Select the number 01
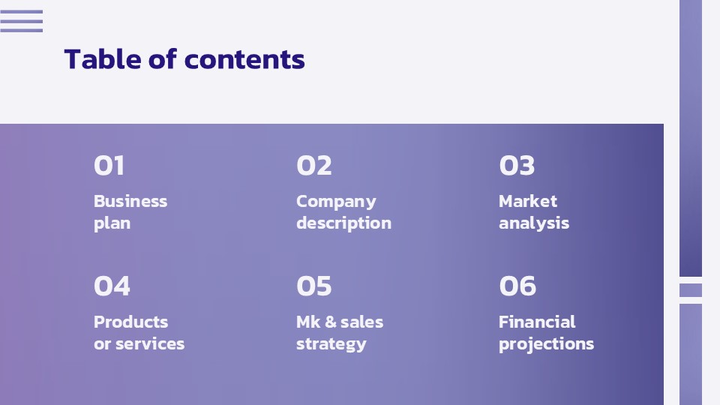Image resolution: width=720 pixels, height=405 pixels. (x=109, y=166)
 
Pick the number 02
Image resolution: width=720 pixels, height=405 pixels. (x=314, y=166)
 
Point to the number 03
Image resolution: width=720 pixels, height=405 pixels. (x=517, y=166)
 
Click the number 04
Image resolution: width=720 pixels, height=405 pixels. (x=112, y=286)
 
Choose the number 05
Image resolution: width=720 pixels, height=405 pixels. (x=314, y=286)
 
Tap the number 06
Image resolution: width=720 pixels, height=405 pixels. (x=517, y=286)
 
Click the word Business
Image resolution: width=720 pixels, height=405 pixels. (x=130, y=201)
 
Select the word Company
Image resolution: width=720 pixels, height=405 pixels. (x=336, y=201)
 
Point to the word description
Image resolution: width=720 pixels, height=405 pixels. (x=343, y=223)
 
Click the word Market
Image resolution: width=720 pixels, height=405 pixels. (x=528, y=201)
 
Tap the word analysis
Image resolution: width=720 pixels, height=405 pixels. (x=534, y=223)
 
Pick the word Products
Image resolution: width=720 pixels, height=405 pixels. (x=130, y=322)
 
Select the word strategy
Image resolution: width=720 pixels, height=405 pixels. (x=331, y=343)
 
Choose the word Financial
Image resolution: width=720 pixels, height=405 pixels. (x=537, y=322)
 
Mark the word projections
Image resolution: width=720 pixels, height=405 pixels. (x=546, y=343)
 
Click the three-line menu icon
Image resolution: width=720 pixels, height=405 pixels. (x=21, y=21)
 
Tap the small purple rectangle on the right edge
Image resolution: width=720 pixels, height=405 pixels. (x=691, y=289)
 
